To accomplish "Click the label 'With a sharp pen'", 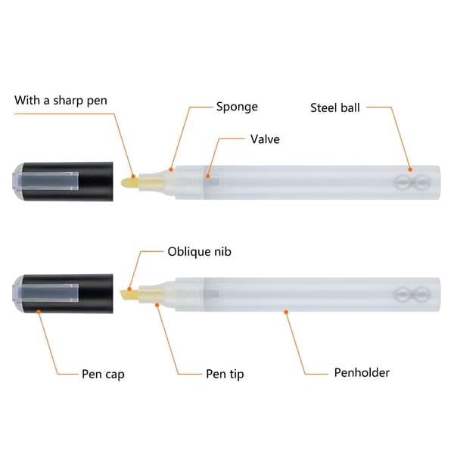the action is tap(61, 101).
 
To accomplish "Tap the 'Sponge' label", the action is tap(237, 107).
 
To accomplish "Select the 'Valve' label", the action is tap(265, 139).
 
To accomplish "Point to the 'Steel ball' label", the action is tap(335, 107).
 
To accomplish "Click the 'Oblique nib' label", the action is tap(200, 251).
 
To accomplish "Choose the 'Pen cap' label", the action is tap(103, 374).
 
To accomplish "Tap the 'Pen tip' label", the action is tap(225, 374).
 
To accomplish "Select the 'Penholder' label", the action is tap(362, 372).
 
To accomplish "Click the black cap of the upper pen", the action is tap(63, 182).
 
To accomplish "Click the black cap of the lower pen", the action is tap(63, 294).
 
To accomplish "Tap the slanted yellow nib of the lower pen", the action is tap(129, 295).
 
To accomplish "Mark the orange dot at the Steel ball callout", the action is tap(410, 169).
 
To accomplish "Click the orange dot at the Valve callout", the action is tap(207, 176).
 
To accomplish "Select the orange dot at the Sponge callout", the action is tap(171, 169).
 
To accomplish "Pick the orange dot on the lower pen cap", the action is tap(39, 312).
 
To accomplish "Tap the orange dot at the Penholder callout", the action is tap(286, 312).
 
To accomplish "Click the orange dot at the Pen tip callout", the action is tap(157, 305).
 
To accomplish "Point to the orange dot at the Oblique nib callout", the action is tap(129, 289).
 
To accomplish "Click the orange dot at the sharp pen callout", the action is tap(133, 176).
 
